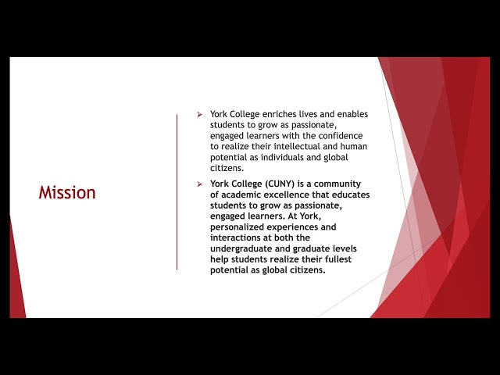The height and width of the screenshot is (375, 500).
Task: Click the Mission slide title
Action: point(67,193)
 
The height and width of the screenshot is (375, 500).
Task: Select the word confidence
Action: point(341,136)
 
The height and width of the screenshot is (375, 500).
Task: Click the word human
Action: point(354,146)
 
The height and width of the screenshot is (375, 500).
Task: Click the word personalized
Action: point(237,227)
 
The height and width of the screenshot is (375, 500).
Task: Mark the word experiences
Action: point(294,227)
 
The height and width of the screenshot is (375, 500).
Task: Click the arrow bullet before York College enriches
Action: point(200,115)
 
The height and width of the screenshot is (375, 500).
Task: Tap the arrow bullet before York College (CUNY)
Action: point(200,184)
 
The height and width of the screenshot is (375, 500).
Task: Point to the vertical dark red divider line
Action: point(177,192)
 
